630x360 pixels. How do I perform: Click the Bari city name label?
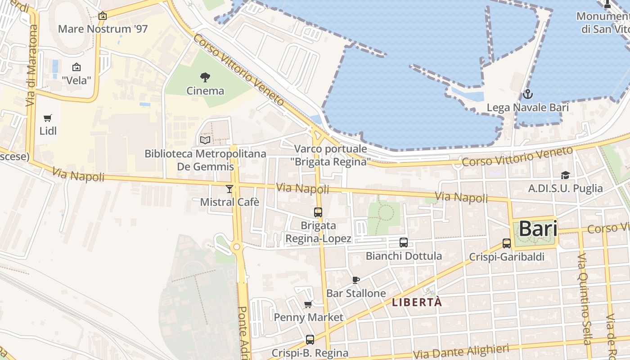coord(538,229)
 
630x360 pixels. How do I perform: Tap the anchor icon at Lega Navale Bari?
coord(527,94)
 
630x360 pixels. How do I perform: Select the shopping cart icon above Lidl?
coord(47,118)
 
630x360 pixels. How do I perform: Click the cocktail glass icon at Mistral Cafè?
coord(229,189)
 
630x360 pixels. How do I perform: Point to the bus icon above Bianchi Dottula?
coord(404,243)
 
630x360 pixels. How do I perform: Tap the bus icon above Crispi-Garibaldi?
coord(507,243)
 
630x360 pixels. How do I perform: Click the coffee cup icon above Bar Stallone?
coord(356,280)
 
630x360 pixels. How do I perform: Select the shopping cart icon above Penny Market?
coord(308,305)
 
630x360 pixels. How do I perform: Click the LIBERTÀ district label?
coord(417,302)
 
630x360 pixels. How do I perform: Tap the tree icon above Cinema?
coord(205,77)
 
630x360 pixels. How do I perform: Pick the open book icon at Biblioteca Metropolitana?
coord(205,140)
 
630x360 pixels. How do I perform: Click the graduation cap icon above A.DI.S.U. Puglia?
coord(565,175)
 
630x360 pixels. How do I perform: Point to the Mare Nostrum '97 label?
coord(103,29)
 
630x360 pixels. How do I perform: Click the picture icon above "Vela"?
coord(76,67)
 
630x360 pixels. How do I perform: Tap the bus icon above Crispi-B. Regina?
coord(310,340)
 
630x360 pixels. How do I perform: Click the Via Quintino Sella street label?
coord(584,299)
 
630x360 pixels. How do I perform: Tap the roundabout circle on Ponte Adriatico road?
coord(237,247)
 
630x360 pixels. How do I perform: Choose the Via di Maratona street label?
coord(31,65)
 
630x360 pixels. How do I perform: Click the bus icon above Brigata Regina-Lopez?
coord(318,212)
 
